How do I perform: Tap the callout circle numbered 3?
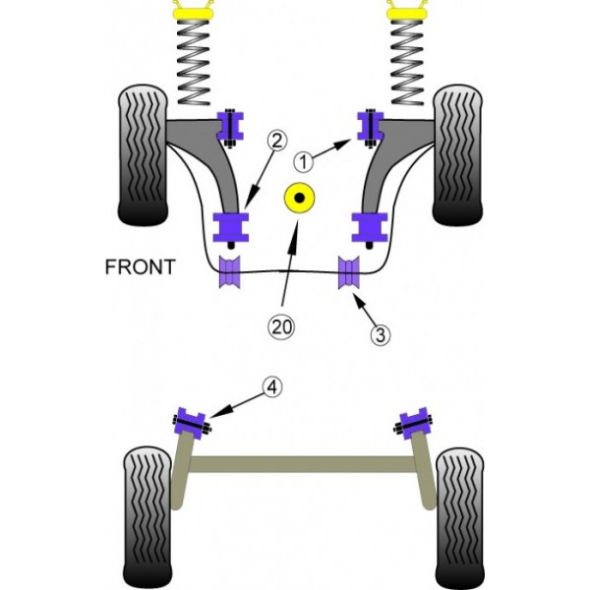pyautogui.click(x=382, y=334)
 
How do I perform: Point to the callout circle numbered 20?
pyautogui.click(x=283, y=326)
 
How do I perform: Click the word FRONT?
pyautogui.click(x=141, y=265)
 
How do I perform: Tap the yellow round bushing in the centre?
pyautogui.click(x=297, y=201)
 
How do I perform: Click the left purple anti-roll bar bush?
pyautogui.click(x=233, y=273)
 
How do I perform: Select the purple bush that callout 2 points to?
pyautogui.click(x=234, y=228)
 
